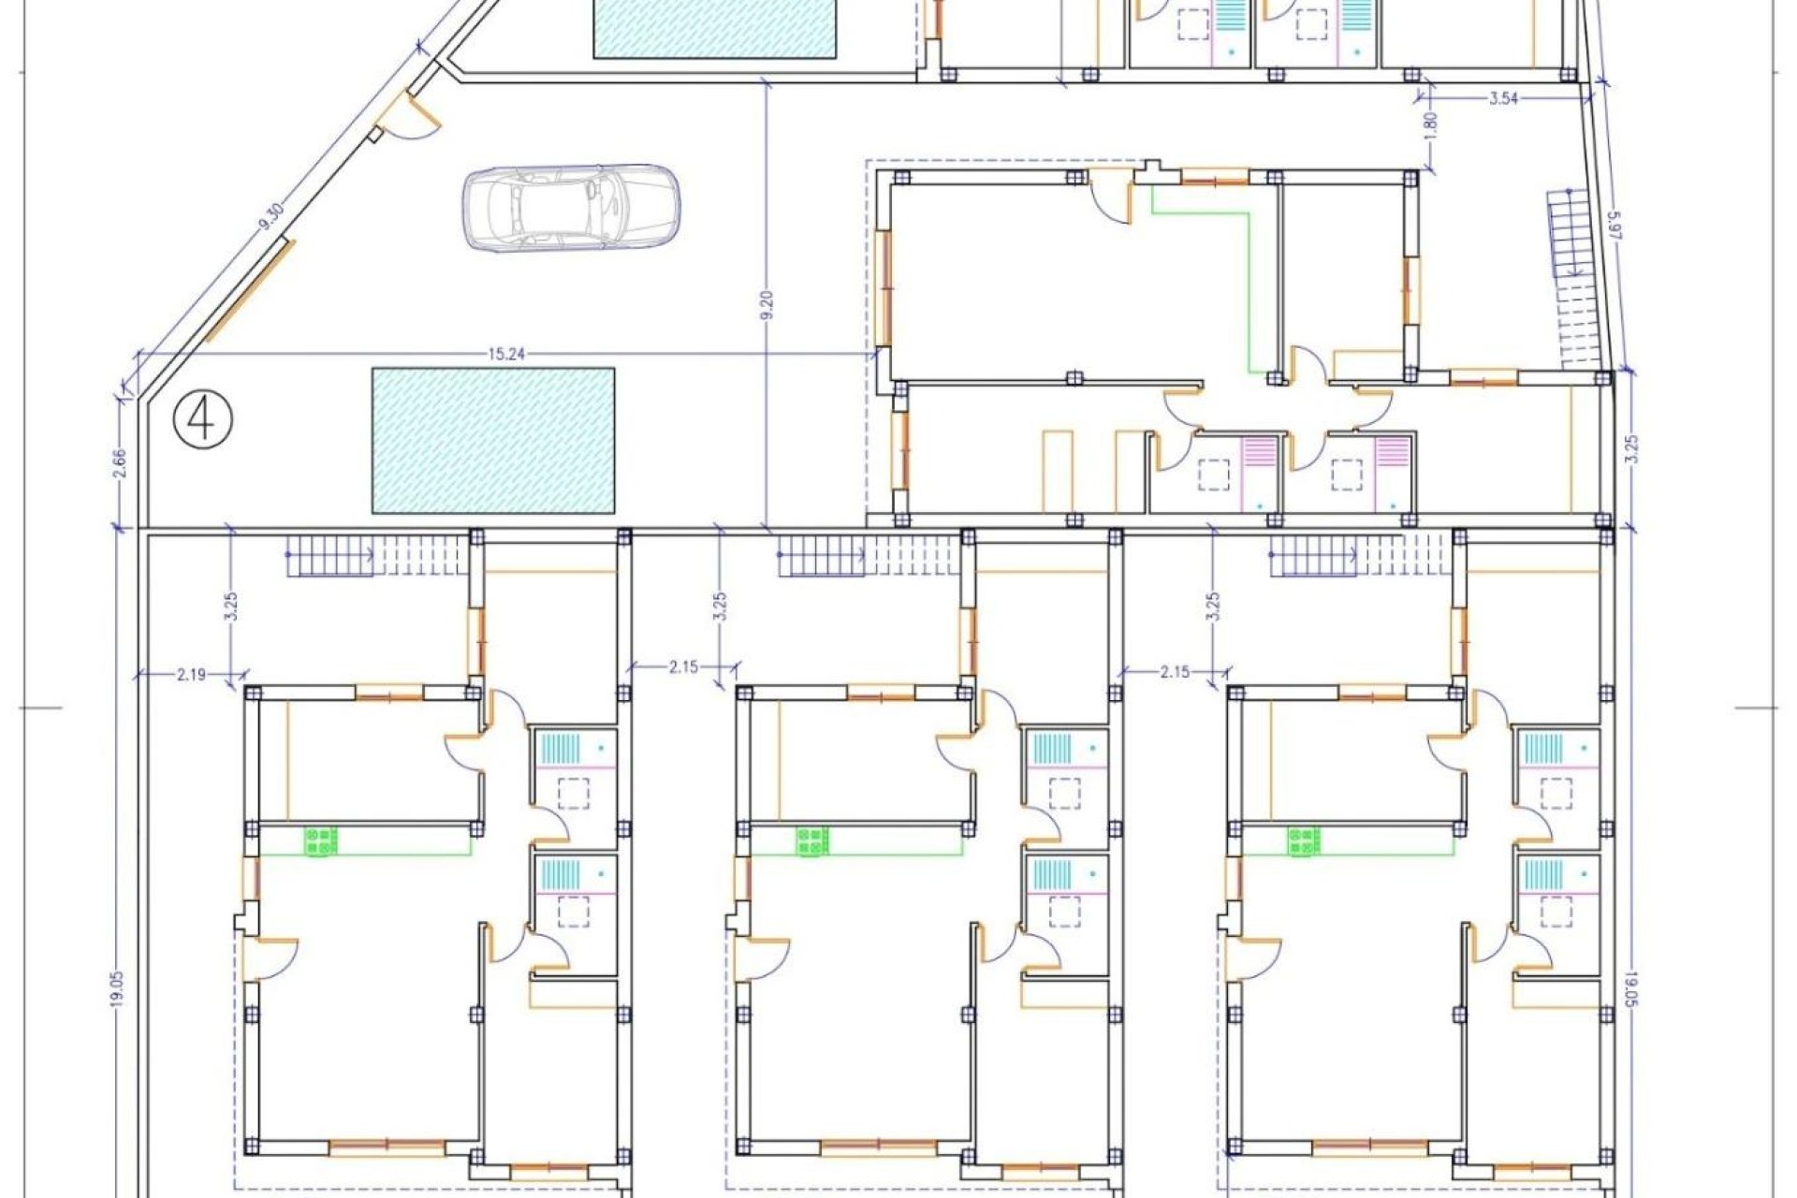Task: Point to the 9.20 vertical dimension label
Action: click(767, 306)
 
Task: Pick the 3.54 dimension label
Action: click(1502, 98)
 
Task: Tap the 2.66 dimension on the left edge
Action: click(119, 464)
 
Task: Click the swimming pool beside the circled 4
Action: click(493, 440)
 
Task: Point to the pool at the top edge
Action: click(716, 28)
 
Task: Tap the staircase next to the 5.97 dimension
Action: click(1575, 281)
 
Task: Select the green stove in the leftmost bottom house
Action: click(321, 841)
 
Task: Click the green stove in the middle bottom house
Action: click(811, 841)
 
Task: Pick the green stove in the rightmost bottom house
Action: click(1303, 840)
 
